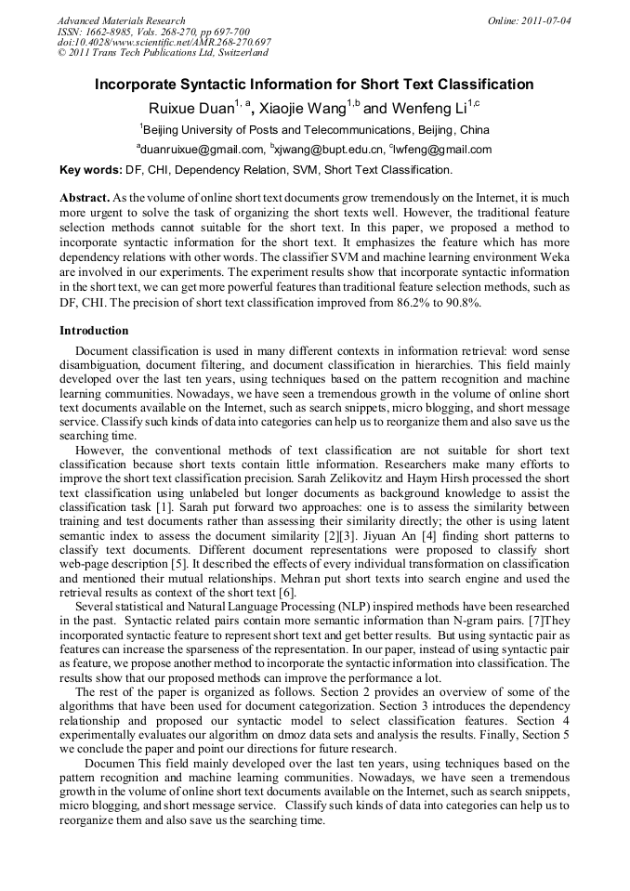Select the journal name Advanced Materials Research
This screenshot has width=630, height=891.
click(122, 20)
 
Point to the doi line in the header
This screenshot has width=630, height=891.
click(164, 43)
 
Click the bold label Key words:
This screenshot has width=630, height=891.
click(90, 170)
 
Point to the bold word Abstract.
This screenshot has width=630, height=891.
click(85, 199)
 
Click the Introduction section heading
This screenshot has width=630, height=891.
click(94, 331)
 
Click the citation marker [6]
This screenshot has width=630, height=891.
click(288, 592)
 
